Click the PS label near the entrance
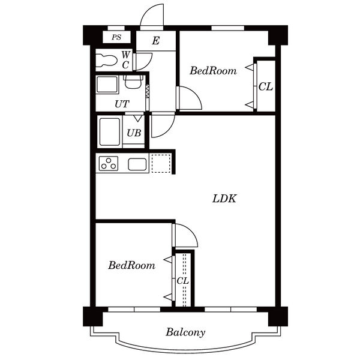(x=116, y=37)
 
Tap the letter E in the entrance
(x=155, y=41)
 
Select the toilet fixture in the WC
(x=106, y=59)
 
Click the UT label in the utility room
(x=122, y=104)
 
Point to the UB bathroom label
(x=134, y=133)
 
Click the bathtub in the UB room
(x=110, y=132)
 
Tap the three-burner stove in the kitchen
(x=109, y=163)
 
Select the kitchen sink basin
(x=137, y=164)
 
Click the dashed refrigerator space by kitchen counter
(x=161, y=163)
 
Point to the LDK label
(x=224, y=199)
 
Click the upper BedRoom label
(x=213, y=70)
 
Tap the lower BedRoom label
(x=131, y=265)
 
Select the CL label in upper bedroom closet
(x=266, y=86)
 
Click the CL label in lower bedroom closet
(x=183, y=281)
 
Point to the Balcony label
(x=185, y=332)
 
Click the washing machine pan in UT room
(x=107, y=85)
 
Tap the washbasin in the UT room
(x=133, y=82)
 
